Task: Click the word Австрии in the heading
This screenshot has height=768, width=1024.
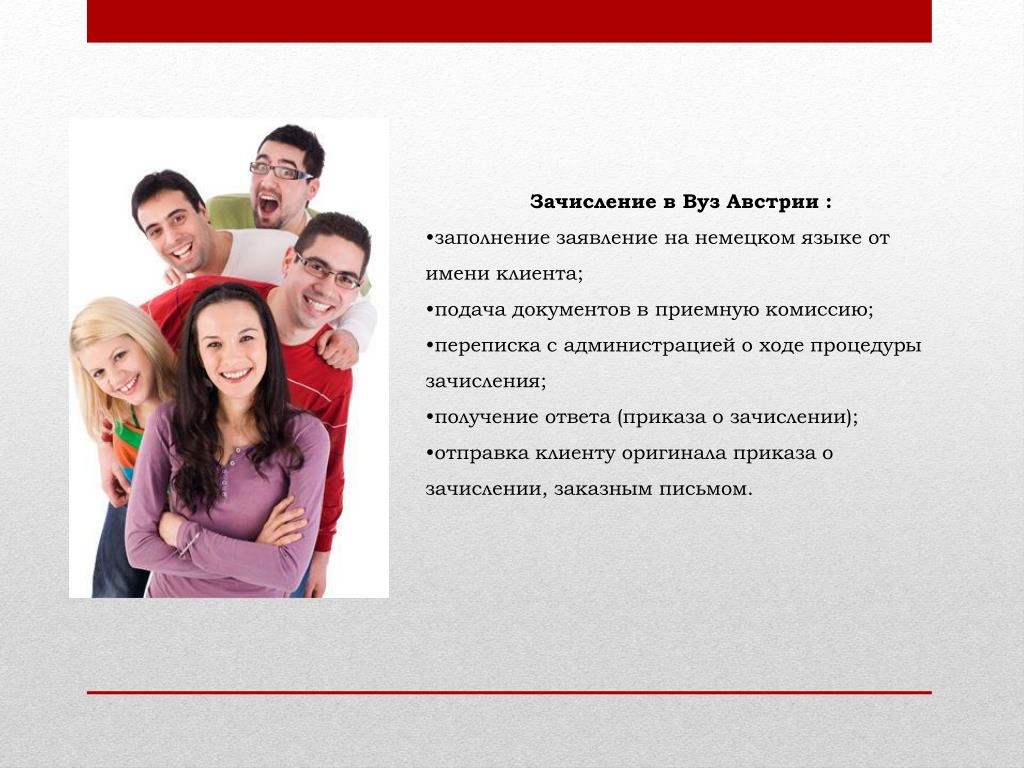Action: tap(773, 202)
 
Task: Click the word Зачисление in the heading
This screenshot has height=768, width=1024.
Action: tap(593, 202)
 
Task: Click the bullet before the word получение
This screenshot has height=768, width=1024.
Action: tap(429, 417)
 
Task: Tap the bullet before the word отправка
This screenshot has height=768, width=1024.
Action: tap(429, 453)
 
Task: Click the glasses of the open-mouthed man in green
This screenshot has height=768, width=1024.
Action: tap(281, 171)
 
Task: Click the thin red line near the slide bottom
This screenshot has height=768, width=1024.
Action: tap(509, 692)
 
